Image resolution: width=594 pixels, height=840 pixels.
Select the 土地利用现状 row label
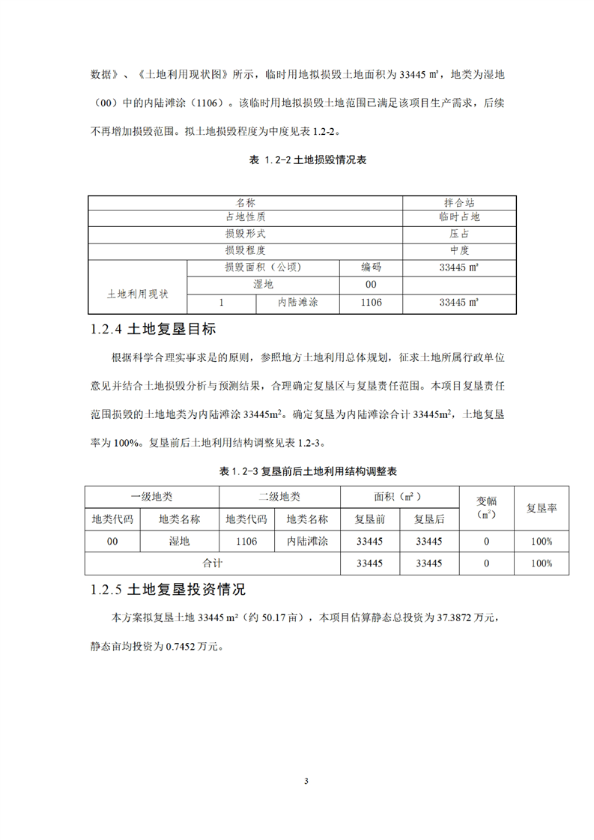pyautogui.click(x=138, y=294)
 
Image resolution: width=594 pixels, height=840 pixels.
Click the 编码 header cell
pyautogui.click(x=371, y=267)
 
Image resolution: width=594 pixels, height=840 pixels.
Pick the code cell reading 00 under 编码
pyautogui.click(x=371, y=285)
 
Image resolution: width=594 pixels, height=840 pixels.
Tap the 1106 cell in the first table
pyautogui.click(x=371, y=303)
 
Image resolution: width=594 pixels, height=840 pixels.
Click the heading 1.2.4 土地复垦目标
pyautogui.click(x=152, y=329)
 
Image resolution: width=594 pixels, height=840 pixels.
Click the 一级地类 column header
pyautogui.click(x=151, y=496)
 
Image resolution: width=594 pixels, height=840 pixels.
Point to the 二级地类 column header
pyautogui.click(x=279, y=496)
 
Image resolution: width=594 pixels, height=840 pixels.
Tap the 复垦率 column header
pyautogui.click(x=541, y=508)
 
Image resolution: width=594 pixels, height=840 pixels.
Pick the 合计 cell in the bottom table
pyautogui.click(x=213, y=562)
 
